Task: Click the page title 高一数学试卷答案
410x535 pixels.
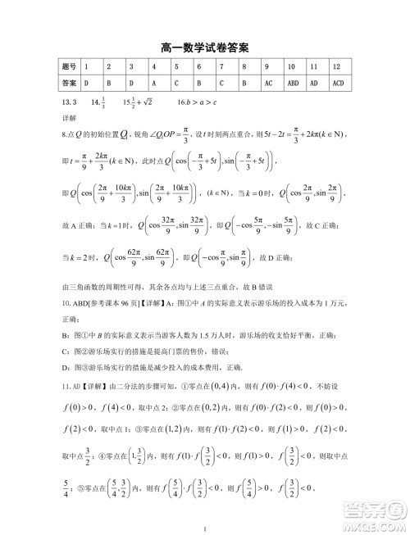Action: tap(205, 46)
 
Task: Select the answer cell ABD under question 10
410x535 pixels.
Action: tap(293, 83)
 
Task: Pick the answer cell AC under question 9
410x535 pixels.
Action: tap(268, 83)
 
